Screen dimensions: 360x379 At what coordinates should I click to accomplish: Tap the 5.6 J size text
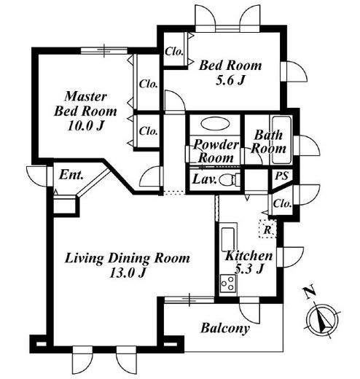click(230, 79)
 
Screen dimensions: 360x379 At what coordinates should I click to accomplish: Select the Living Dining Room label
click(127, 258)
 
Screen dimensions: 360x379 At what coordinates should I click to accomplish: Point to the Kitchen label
click(249, 255)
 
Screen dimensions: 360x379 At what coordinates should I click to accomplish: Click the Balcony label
click(225, 328)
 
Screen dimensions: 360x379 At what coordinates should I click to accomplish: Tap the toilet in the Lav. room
click(228, 180)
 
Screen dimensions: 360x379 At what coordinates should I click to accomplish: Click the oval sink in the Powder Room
click(215, 124)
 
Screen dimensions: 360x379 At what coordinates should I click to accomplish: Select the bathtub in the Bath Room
click(281, 140)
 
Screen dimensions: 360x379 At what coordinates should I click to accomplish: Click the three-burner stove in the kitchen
click(228, 284)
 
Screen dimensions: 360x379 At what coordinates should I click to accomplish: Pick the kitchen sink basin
click(228, 239)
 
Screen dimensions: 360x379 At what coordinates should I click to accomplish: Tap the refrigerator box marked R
click(267, 229)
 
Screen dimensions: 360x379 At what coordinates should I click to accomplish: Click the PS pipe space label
click(282, 176)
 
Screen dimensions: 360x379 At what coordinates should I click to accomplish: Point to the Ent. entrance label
click(71, 175)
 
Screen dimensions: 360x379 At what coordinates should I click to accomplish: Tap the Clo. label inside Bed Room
click(174, 52)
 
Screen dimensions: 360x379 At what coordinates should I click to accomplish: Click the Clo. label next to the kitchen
click(282, 203)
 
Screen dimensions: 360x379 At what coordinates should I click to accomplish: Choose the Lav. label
click(204, 180)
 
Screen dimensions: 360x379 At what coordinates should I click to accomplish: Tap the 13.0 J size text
click(128, 273)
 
